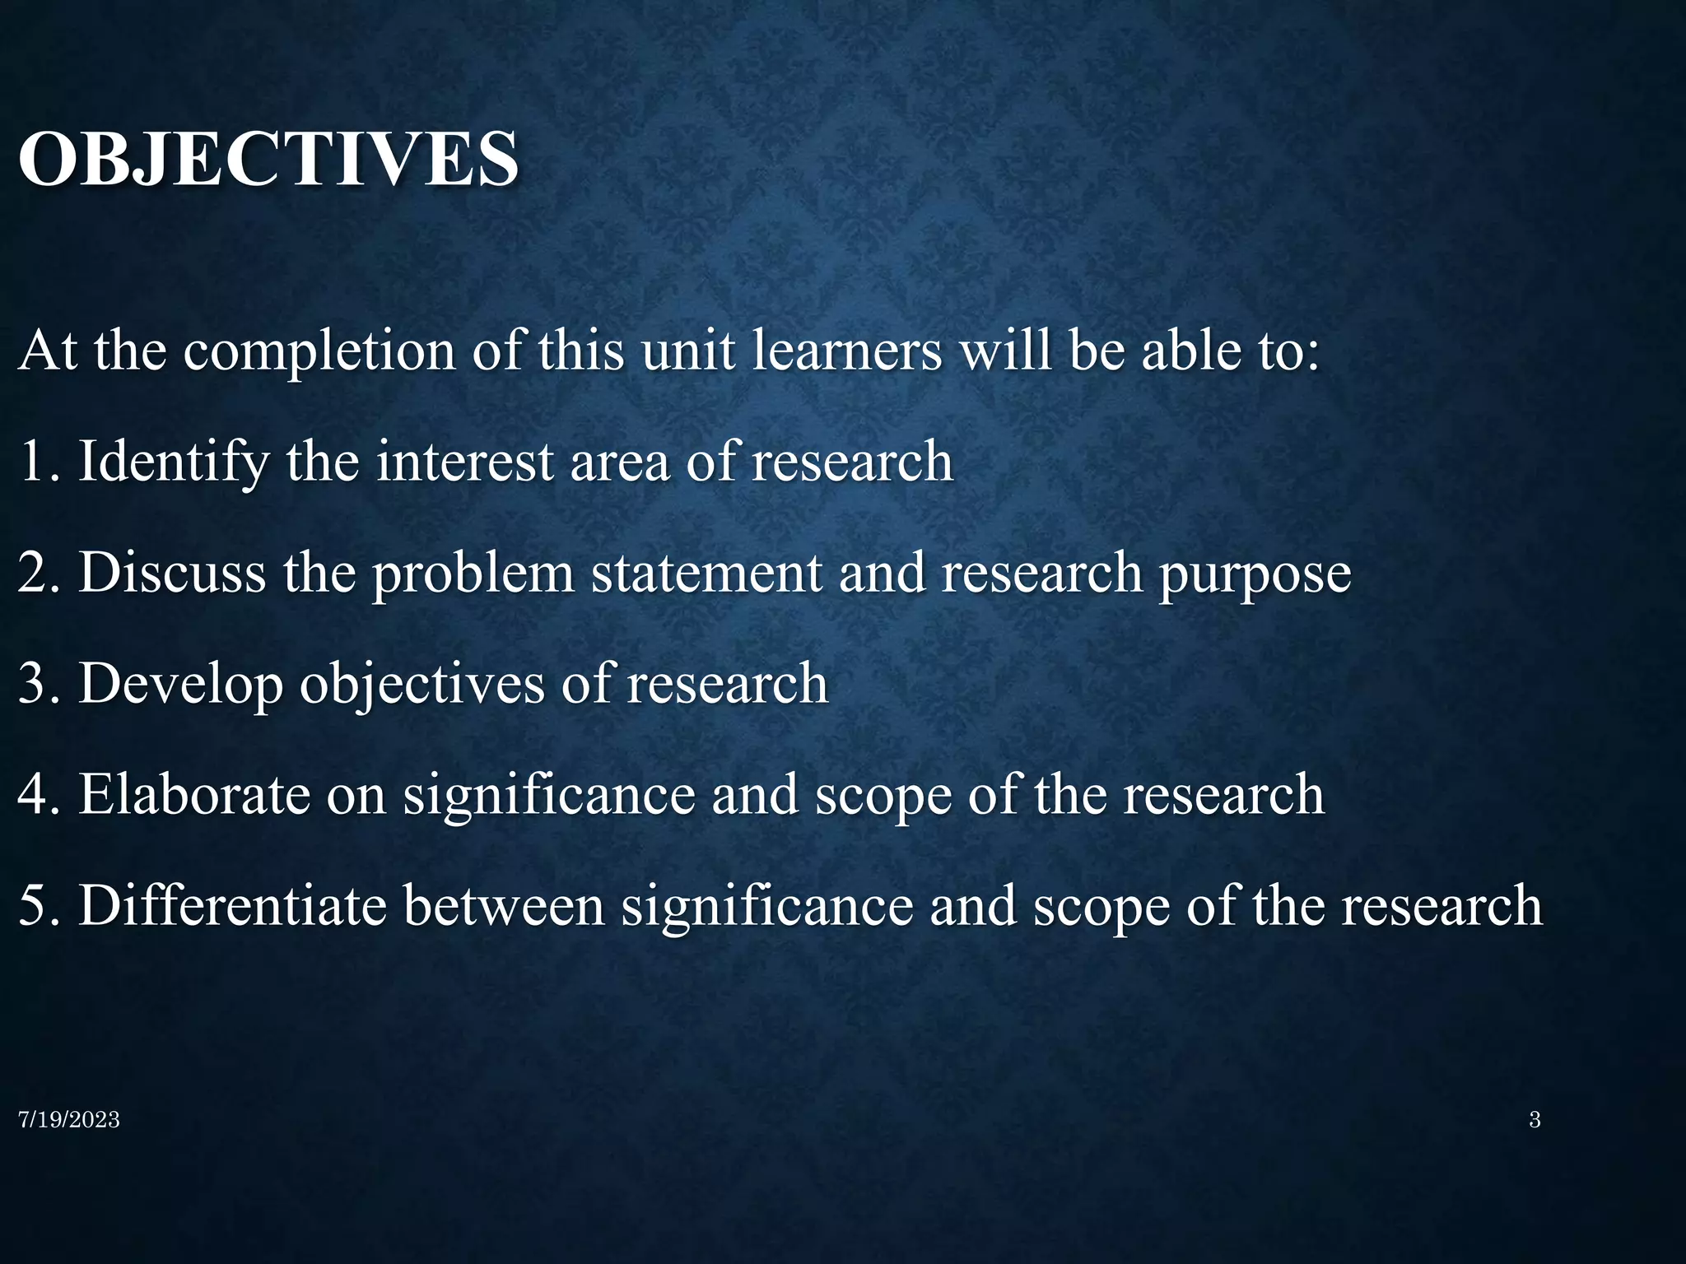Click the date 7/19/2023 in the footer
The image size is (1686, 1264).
(x=69, y=1120)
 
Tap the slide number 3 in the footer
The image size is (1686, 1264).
(x=1535, y=1120)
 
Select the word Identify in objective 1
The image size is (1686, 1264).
(x=173, y=462)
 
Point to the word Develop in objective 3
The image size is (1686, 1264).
(x=180, y=685)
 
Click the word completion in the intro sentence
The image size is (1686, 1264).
(x=319, y=352)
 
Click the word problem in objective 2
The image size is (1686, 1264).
(x=473, y=574)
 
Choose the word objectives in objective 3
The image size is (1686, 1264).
(x=422, y=685)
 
